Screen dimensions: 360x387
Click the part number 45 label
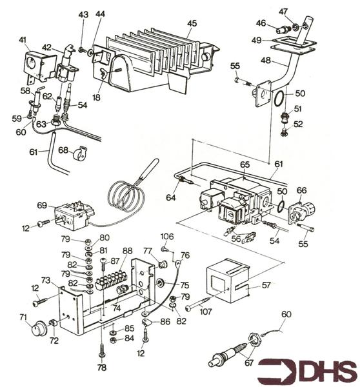192,23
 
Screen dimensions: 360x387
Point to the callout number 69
42,205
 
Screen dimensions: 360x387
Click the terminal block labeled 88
111,280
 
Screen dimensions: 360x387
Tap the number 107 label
206,312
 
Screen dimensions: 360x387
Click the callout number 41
23,40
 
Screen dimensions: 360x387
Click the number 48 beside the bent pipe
266,61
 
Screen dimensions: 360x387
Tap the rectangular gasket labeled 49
293,46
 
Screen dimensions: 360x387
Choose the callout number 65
245,164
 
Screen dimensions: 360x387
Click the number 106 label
167,237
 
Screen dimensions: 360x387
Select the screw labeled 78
102,350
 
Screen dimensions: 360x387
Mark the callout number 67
249,362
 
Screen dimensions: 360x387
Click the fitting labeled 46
283,30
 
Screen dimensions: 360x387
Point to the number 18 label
96,97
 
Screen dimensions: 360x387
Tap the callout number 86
165,322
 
